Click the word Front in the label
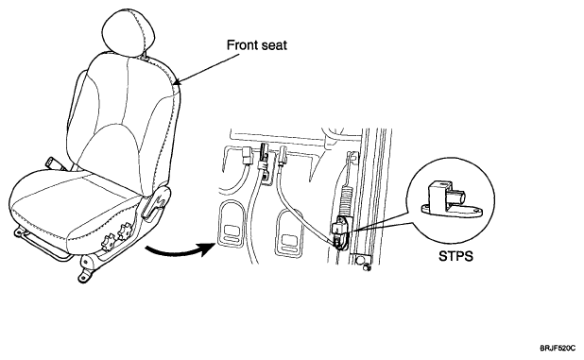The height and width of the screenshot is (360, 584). click(x=241, y=45)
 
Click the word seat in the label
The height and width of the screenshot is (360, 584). click(x=273, y=45)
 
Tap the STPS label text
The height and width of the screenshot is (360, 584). click(x=455, y=256)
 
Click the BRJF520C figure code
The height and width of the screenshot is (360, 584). click(x=558, y=349)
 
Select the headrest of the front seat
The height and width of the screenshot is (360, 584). click(x=128, y=32)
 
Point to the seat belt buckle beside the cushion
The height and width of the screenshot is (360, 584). click(x=55, y=164)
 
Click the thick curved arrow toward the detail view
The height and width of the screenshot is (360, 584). click(x=179, y=250)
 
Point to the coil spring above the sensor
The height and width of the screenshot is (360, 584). click(x=346, y=200)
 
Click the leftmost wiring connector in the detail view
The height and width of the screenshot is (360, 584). click(x=248, y=155)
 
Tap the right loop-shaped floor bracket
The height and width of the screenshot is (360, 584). click(x=289, y=232)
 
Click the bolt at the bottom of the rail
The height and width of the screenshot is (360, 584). click(x=367, y=267)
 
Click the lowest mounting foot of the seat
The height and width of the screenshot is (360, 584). click(x=86, y=276)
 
